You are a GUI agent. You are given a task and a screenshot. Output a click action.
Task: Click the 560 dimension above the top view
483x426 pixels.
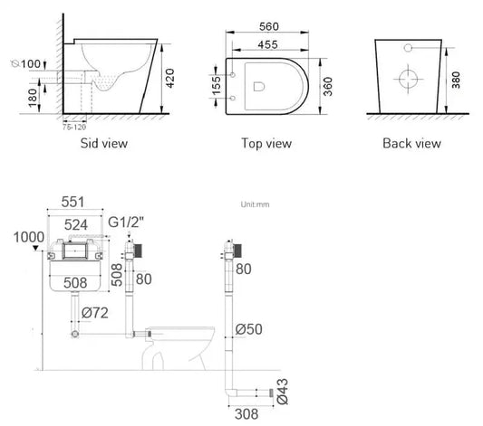pyautogui.click(x=269, y=26)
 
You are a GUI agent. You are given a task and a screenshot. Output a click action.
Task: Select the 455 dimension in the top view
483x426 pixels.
pyautogui.click(x=267, y=44)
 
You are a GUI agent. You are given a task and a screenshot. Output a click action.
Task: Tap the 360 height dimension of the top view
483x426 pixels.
pyautogui.click(x=328, y=86)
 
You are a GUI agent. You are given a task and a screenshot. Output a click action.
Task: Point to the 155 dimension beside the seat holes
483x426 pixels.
pyautogui.click(x=217, y=85)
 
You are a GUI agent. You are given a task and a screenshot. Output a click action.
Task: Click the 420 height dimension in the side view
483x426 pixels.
pyautogui.click(x=169, y=78)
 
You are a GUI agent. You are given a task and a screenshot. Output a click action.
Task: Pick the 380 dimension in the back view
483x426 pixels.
pyautogui.click(x=456, y=80)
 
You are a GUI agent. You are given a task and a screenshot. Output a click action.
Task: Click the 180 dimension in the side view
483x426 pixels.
pyautogui.click(x=33, y=98)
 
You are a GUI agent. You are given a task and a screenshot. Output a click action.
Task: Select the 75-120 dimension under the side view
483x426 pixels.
pyautogui.click(x=74, y=127)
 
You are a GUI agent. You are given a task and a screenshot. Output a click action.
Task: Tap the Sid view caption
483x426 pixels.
pyautogui.click(x=104, y=143)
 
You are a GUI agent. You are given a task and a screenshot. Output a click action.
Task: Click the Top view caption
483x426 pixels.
pyautogui.click(x=266, y=143)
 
